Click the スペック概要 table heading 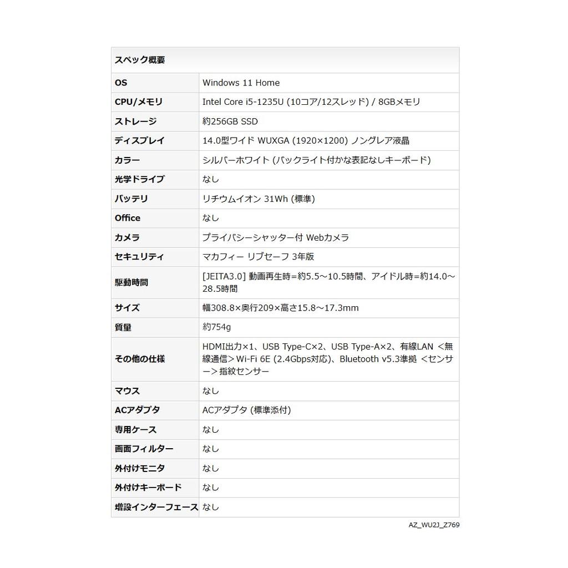[140, 60]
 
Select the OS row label [121, 83]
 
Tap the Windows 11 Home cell [241, 83]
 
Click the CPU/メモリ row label [139, 102]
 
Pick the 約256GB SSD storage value [230, 121]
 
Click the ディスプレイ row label [140, 141]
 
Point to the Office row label [128, 218]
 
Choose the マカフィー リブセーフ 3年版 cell [258, 257]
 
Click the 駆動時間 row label [131, 282]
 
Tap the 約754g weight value [216, 327]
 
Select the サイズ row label [127, 308]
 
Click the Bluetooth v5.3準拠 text [378, 359]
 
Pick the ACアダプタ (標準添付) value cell [246, 410]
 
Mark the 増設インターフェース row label [156, 507]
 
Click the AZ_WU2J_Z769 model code [434, 525]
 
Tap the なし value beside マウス [211, 391]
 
